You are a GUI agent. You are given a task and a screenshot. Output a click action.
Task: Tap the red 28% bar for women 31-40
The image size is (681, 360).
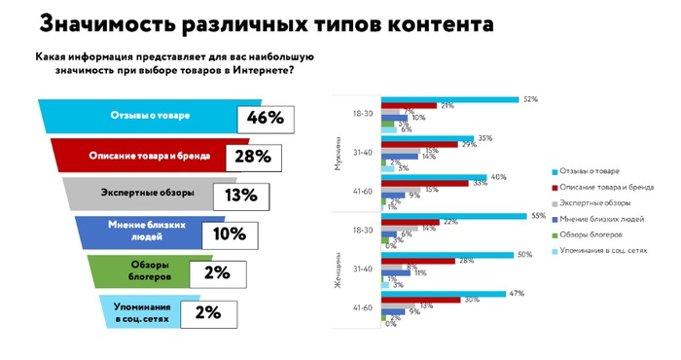tap(418, 261)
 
